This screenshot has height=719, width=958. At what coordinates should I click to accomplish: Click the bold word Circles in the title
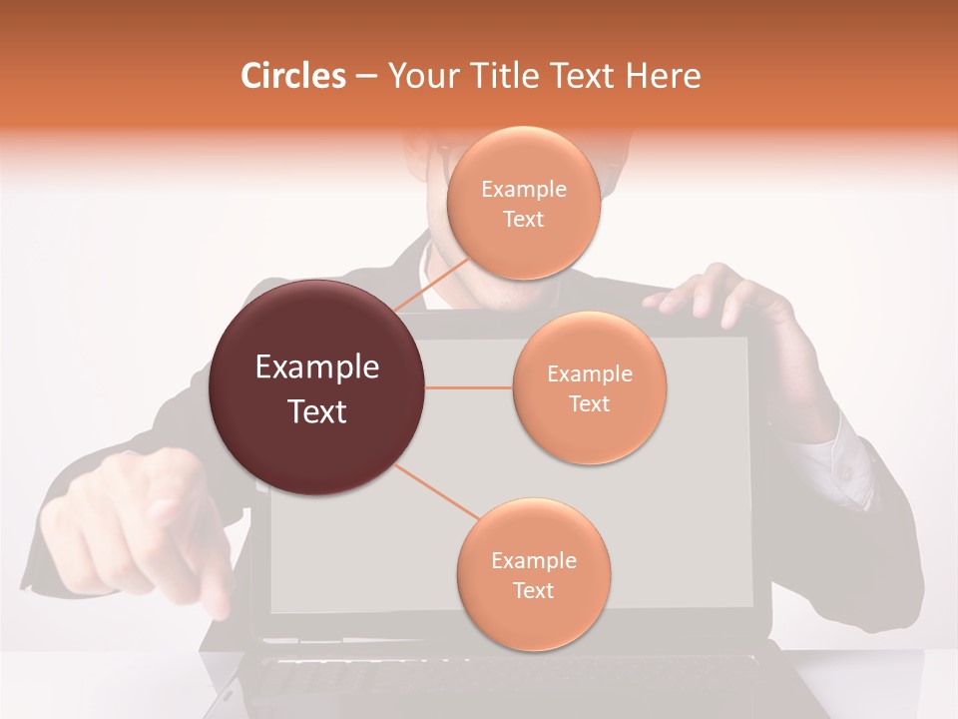tap(293, 76)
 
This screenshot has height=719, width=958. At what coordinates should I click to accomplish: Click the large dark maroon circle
tap(317, 387)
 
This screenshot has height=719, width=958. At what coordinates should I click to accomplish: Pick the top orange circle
tap(523, 203)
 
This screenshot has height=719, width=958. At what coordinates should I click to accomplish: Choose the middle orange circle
tap(589, 387)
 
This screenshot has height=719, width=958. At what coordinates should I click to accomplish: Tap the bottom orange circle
tap(533, 574)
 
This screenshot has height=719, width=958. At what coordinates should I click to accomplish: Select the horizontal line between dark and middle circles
tap(469, 387)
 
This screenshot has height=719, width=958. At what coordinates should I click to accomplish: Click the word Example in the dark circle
tap(317, 367)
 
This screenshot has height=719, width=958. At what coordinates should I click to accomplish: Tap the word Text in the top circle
tap(523, 219)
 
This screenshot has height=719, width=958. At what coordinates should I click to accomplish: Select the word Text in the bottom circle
tap(533, 590)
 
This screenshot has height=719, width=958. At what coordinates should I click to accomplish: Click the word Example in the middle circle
tap(589, 373)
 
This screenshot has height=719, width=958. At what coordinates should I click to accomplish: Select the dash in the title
tap(365, 76)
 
